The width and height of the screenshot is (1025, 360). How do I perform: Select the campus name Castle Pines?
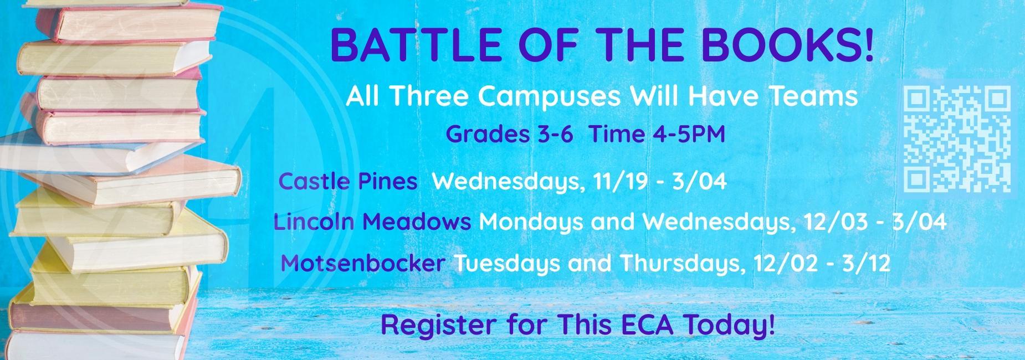coord(348,181)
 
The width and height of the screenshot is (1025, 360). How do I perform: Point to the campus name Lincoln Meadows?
coord(372,222)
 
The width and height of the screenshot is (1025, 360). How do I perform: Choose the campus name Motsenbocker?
coord(363,263)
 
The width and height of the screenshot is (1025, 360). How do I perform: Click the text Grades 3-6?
coord(509,134)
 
